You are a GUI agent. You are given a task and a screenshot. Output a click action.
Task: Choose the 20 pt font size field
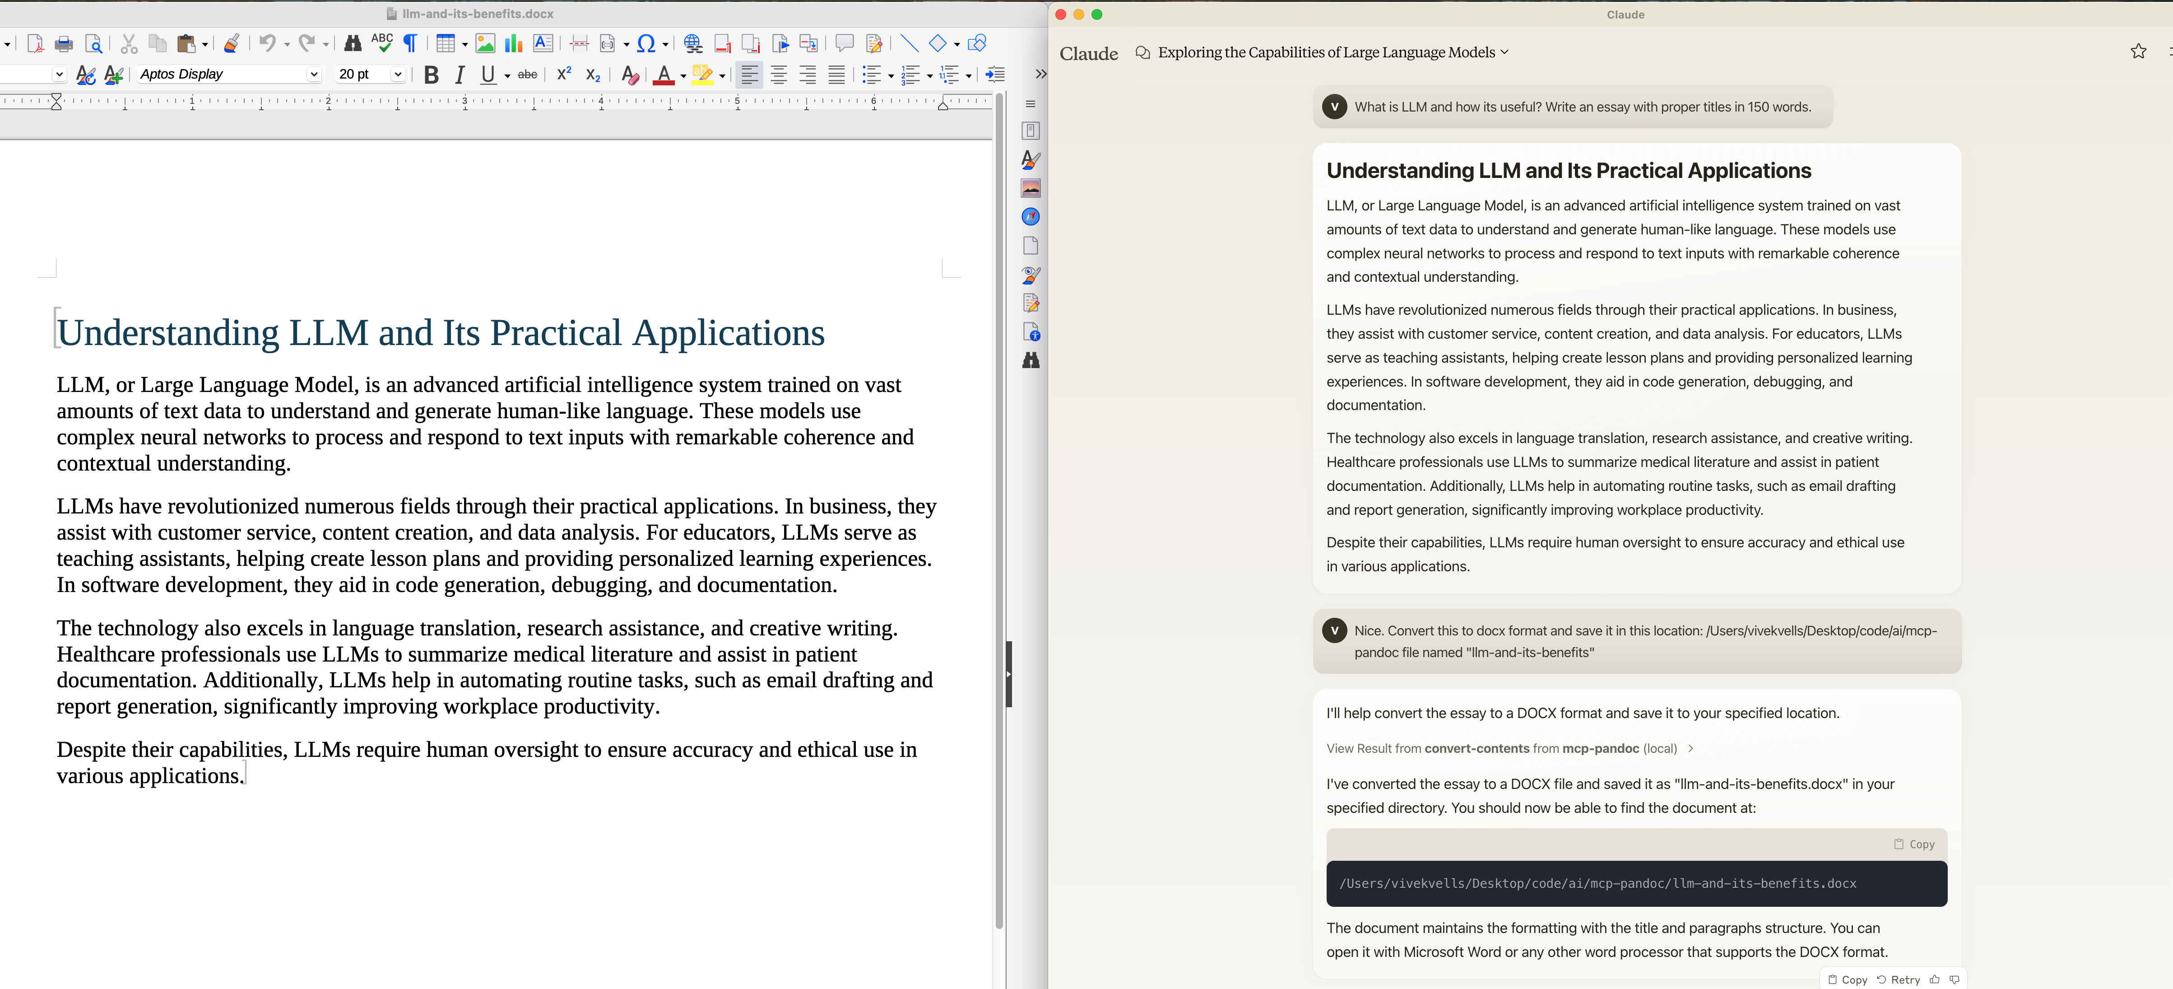[361, 74]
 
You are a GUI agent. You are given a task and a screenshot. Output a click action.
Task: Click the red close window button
[1060, 14]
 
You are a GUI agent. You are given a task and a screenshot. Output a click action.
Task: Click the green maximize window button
[1096, 14]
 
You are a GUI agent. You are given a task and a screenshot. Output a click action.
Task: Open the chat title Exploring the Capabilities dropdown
[1333, 52]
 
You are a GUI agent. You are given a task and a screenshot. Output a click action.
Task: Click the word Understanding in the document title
[169, 333]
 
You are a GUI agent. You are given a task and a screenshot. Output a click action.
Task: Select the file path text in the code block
[1597, 883]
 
